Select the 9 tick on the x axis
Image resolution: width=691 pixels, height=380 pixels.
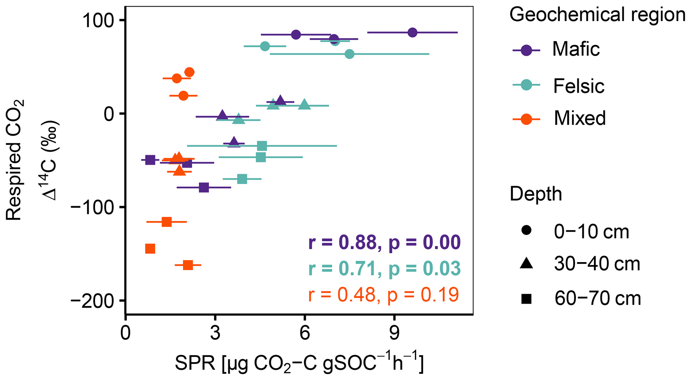point(394,333)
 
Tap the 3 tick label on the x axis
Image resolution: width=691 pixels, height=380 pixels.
point(215,333)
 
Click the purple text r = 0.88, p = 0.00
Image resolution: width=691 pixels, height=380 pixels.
point(384,242)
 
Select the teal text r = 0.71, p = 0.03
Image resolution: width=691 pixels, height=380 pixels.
point(384,269)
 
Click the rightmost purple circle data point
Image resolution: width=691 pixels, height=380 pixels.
point(413,32)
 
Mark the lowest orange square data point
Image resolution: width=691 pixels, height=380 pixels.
point(188,265)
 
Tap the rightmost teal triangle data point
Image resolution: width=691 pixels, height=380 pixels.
point(305,104)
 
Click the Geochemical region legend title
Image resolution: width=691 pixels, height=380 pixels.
point(597,15)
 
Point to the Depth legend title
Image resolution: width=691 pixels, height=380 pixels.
point(536,194)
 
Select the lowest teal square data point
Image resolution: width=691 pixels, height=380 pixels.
point(242,179)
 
